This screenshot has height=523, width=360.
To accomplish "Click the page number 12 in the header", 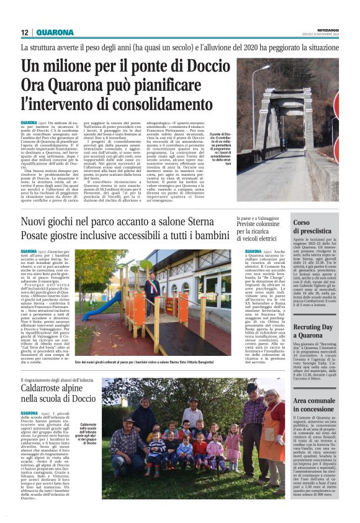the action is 24,32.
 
